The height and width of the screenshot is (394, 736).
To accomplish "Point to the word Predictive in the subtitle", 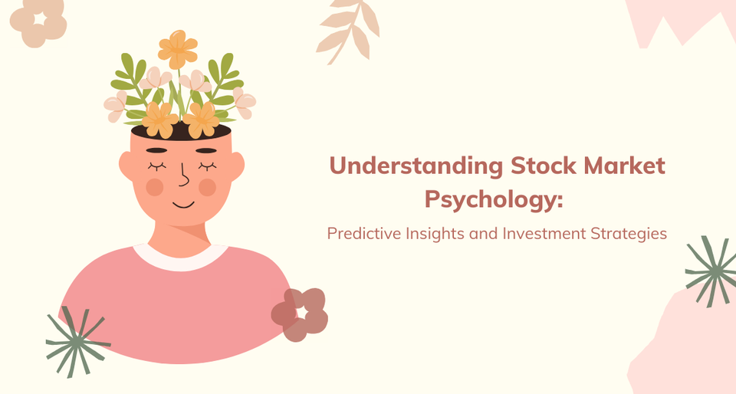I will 362,234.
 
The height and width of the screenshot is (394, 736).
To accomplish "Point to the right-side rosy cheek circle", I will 208,186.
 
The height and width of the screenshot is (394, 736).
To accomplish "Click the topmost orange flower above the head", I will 178,48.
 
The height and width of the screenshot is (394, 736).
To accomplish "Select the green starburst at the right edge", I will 711,270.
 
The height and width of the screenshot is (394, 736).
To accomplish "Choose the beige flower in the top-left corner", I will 38,20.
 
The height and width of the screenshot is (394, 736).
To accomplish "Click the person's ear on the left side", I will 127,164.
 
